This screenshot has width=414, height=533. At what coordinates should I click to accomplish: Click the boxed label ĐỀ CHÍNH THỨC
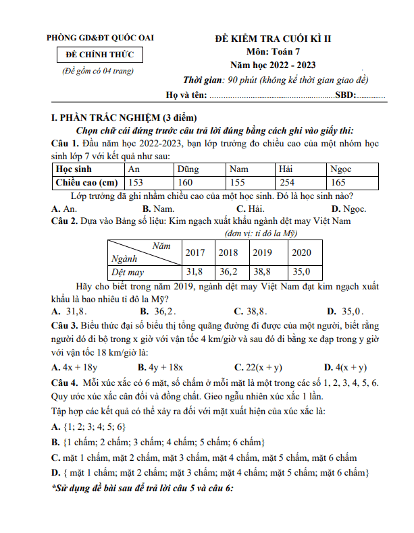(x=100, y=55)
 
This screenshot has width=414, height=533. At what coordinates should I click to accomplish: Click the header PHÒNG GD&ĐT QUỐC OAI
(x=100, y=38)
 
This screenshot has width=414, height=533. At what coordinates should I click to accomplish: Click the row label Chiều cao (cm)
(x=86, y=183)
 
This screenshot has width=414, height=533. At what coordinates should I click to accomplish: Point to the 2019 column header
(x=262, y=252)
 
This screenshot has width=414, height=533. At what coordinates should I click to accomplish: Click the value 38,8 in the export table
(x=262, y=272)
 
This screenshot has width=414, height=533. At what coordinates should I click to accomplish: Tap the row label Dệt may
(x=128, y=273)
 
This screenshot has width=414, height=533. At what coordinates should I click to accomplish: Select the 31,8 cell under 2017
(x=195, y=272)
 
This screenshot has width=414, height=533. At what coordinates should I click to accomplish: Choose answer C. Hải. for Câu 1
(x=249, y=208)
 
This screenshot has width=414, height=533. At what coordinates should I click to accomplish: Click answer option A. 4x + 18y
(x=75, y=367)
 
